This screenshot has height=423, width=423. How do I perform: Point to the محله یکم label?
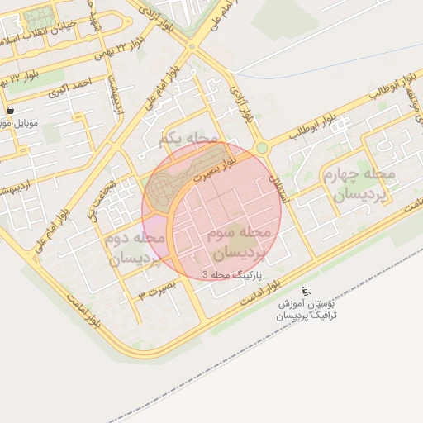click(190, 138)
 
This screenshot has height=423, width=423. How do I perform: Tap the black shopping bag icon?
click(10, 110)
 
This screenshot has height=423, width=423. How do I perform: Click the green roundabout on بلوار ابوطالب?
click(262, 148)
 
